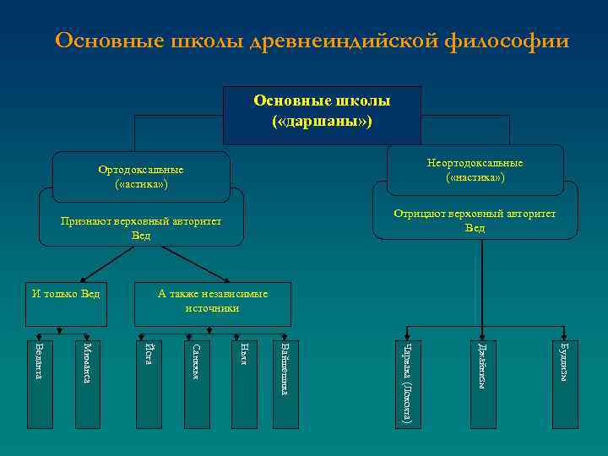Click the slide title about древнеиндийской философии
click(x=312, y=41)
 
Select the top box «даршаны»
click(x=322, y=115)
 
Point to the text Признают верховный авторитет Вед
click(x=141, y=227)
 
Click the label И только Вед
click(x=66, y=294)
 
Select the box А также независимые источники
click(x=213, y=301)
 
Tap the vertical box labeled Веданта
click(x=38, y=380)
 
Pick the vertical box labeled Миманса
click(x=86, y=380)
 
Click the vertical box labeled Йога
click(x=148, y=380)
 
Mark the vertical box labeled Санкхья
click(x=196, y=380)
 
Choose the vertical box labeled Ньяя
click(x=243, y=380)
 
